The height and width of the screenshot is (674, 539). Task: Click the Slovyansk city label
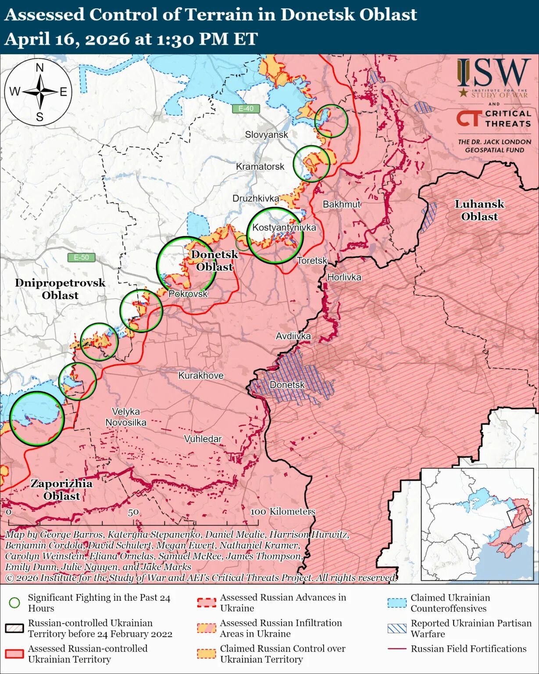[266, 135]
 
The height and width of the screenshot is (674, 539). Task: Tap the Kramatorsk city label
[260, 167]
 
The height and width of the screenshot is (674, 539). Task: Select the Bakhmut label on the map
[341, 204]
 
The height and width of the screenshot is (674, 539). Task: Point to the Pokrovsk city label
[188, 294]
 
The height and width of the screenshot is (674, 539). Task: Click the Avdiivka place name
[293, 336]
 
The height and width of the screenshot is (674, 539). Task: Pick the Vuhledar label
[203, 439]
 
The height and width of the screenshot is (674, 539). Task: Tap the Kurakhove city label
[200, 376]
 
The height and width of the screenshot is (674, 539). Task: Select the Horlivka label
[344, 277]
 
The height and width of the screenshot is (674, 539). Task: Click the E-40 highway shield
[246, 108]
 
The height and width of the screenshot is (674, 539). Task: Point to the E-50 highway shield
[81, 258]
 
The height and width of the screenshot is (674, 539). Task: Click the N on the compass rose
[39, 68]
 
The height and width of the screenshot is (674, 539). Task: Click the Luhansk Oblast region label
[479, 210]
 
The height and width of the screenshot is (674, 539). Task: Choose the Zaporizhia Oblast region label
[61, 490]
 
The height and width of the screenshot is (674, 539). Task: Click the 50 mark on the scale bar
[133, 512]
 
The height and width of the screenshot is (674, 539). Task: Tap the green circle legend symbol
[14, 603]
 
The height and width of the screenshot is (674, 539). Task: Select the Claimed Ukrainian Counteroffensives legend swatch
[397, 603]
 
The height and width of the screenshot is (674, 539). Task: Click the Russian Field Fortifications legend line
[397, 649]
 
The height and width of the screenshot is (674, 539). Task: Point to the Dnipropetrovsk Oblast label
[60, 289]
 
